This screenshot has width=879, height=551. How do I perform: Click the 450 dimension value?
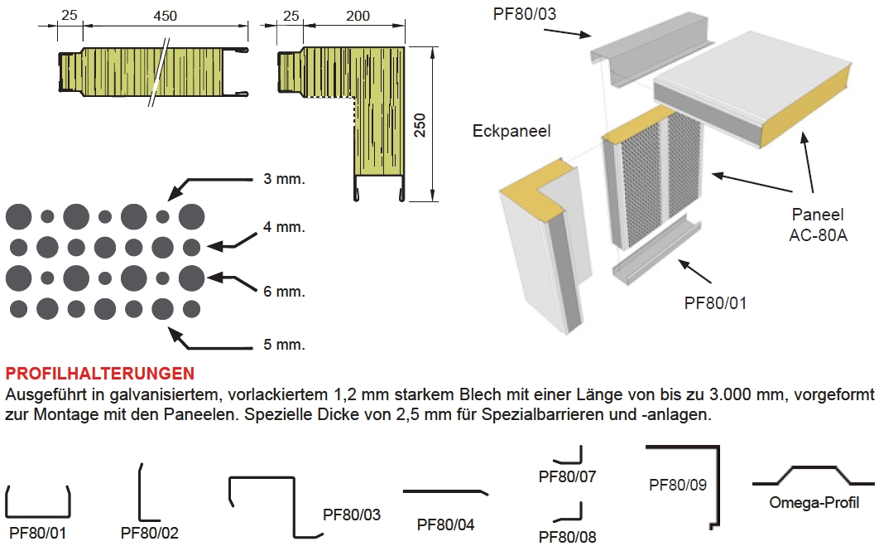click(166, 16)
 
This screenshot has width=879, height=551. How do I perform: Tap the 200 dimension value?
click(358, 16)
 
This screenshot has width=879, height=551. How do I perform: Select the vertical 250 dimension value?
click(420, 125)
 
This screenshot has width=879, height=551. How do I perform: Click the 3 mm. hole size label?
click(284, 179)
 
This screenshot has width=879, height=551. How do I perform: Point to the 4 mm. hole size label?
click(284, 227)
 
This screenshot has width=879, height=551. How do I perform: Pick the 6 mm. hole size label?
click(284, 292)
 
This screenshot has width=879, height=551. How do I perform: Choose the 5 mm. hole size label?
click(284, 345)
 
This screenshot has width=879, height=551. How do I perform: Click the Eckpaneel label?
click(512, 131)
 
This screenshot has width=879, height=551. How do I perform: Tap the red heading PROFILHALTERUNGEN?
click(100, 374)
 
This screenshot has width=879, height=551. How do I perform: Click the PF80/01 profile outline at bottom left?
click(37, 515)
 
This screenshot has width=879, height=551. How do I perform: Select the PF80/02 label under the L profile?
click(150, 533)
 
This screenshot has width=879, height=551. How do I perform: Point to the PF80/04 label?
click(445, 524)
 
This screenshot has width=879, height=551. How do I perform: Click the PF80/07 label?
click(567, 477)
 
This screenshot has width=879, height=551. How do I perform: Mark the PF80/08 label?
click(567, 537)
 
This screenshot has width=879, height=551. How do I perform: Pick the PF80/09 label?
click(678, 485)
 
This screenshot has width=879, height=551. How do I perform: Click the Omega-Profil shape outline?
click(813, 466)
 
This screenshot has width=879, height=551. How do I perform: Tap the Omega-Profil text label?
click(814, 503)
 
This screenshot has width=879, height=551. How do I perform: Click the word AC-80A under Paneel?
click(818, 235)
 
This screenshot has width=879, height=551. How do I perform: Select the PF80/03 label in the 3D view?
click(525, 14)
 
